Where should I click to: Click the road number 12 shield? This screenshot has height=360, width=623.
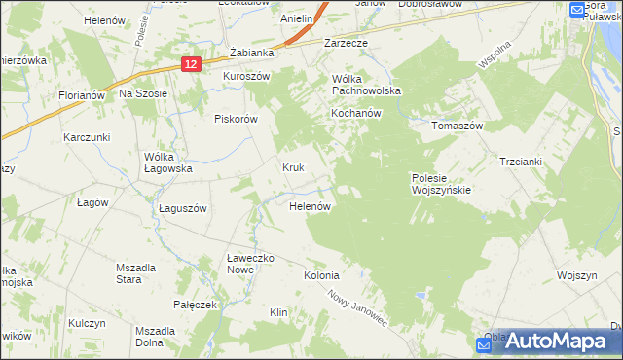point(191,63)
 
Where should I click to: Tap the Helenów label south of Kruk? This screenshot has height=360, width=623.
point(312,207)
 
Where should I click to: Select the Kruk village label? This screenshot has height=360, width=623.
point(294,167)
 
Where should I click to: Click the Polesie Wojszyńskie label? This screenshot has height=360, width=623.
point(441,184)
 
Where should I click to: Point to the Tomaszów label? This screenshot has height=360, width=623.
point(458,126)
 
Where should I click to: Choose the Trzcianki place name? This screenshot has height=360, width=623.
point(519,162)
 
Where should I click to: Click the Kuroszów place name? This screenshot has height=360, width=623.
point(245,76)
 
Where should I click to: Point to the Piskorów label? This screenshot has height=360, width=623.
point(235,119)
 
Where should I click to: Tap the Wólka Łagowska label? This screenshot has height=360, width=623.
point(168,162)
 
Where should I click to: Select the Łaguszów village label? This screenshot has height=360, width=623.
point(183,208)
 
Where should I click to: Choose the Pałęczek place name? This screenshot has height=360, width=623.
point(194,305)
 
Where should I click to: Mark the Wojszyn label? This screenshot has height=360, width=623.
point(576,275)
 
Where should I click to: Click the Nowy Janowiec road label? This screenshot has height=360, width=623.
point(357,308)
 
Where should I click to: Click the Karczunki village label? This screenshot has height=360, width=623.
point(88,138)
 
